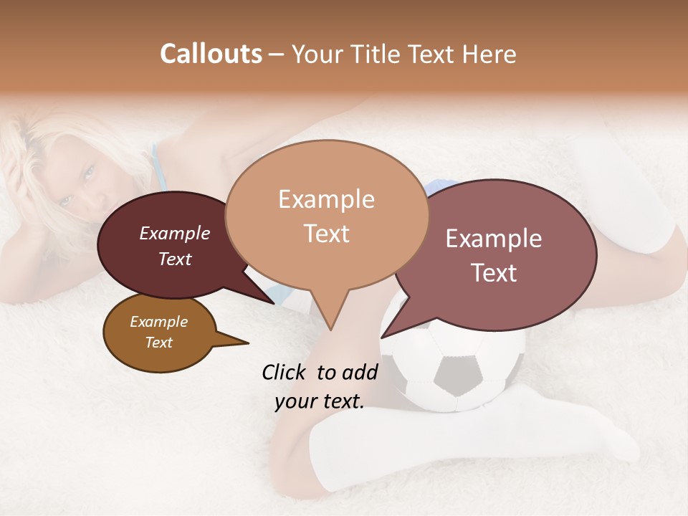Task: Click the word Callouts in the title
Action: point(211,54)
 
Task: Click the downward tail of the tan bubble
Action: point(330,315)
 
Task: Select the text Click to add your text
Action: point(320,386)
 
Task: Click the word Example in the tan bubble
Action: point(326,199)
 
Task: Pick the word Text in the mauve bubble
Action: point(494,273)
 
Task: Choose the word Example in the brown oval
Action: point(158,322)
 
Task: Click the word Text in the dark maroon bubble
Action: point(175,259)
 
